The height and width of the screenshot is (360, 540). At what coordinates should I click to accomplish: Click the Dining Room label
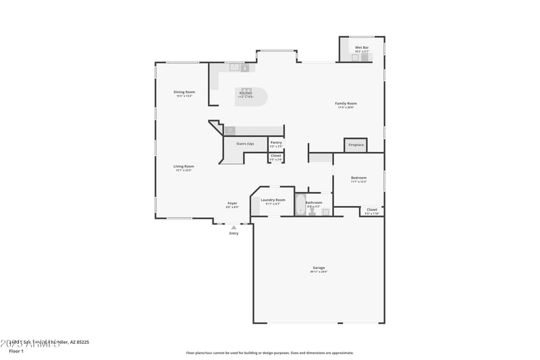click(x=184, y=92)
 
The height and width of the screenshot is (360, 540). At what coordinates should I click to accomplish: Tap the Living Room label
click(x=184, y=166)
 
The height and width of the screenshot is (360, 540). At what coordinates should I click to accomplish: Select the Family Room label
click(x=346, y=103)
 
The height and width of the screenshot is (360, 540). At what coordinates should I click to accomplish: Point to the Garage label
click(x=319, y=267)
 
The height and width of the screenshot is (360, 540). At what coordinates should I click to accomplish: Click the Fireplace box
click(x=356, y=145)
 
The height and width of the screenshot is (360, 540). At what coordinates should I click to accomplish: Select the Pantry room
click(x=276, y=144)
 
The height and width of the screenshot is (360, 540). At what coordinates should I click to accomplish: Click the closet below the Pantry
click(x=276, y=157)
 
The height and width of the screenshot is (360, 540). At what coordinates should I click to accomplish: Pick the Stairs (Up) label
click(x=245, y=144)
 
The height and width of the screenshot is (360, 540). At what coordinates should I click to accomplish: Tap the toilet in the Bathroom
click(x=312, y=211)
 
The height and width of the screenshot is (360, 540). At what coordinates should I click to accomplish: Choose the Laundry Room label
click(x=273, y=200)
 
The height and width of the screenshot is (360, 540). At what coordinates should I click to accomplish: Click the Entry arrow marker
click(x=234, y=228)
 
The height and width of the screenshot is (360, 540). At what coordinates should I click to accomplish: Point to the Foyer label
click(x=232, y=203)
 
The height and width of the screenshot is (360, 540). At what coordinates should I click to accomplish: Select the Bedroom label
click(x=358, y=178)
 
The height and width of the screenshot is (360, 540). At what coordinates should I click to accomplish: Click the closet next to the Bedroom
click(x=372, y=211)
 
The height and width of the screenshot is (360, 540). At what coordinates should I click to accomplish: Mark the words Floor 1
click(x=16, y=351)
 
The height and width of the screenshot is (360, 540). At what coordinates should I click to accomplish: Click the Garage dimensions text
click(x=319, y=272)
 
